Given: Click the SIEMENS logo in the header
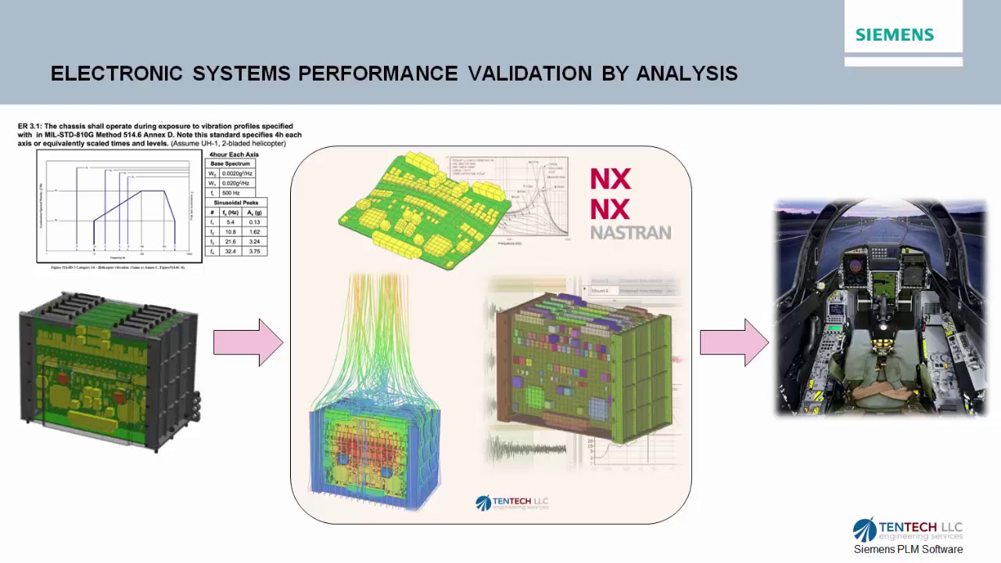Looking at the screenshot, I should point(894,35).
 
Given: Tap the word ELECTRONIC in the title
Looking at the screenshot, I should point(117,74).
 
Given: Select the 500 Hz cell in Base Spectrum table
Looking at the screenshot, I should point(231,192).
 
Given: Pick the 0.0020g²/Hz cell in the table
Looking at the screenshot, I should point(235,174).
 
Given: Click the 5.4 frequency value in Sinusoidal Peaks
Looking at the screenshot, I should point(230,222).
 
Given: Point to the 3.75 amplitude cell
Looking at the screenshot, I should point(254,251).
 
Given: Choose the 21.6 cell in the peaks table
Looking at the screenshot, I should point(230,242).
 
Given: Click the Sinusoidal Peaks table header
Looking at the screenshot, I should point(235,203).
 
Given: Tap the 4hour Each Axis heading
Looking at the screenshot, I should point(233,155).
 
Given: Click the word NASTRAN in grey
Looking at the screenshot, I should point(630,232).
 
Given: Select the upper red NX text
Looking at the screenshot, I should point(610,180).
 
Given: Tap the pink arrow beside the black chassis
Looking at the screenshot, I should point(247,342).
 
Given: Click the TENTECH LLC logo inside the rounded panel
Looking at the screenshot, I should point(512,503).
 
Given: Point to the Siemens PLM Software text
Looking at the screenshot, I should point(908,549).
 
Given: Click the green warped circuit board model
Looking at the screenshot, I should point(422,211).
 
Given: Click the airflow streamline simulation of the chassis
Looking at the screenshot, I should point(375,391).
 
